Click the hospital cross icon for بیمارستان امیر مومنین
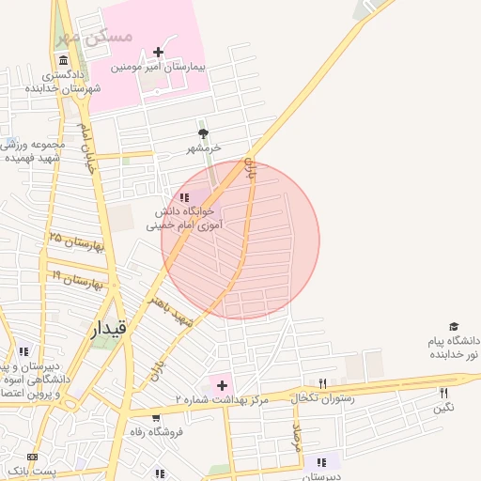click(158, 52)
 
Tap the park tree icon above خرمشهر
click(203, 133)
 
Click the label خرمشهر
click(203, 148)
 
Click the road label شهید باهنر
click(170, 310)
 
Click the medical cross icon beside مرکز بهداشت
click(222, 384)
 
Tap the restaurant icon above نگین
click(444, 393)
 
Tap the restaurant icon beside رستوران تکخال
click(322, 383)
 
